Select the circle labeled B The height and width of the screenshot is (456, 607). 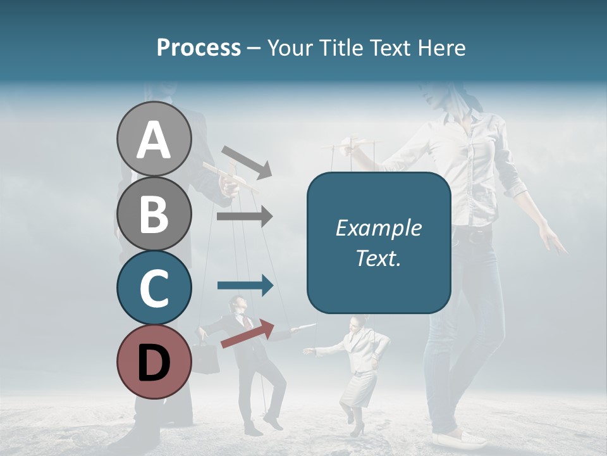(154, 214)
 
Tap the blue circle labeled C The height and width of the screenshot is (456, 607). (154, 288)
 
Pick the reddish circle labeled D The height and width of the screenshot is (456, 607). (154, 362)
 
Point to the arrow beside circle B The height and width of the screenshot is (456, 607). (245, 217)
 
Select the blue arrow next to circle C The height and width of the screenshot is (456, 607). (245, 286)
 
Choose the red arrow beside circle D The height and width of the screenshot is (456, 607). (247, 334)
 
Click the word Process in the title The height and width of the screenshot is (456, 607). (199, 47)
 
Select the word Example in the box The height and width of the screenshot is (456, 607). (378, 228)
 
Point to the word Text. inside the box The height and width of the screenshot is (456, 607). (378, 258)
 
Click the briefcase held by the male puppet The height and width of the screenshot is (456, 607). (205, 359)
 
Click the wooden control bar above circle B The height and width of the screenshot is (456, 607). (231, 177)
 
